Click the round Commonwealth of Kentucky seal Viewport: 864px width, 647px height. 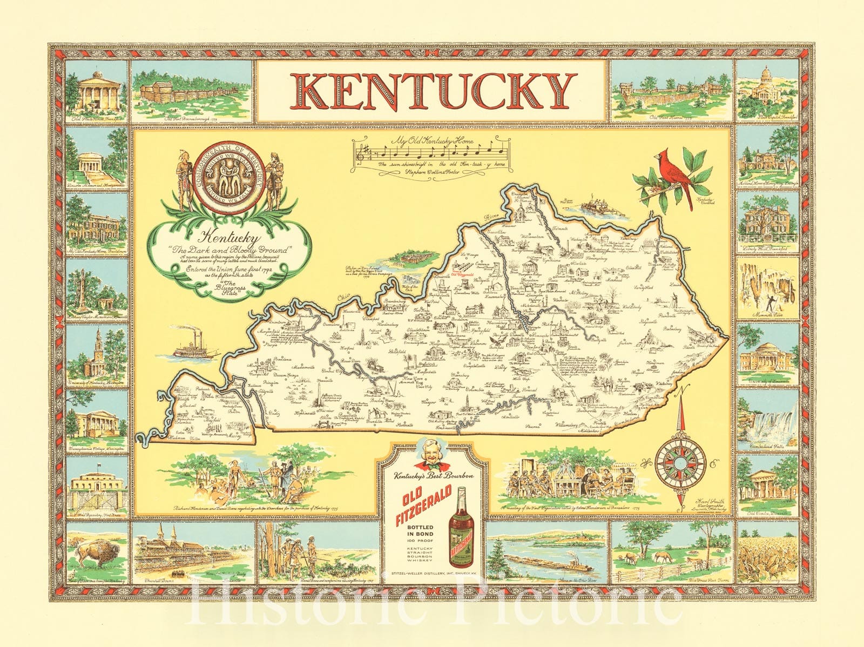230,178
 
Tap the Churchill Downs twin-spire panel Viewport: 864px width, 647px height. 192,551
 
